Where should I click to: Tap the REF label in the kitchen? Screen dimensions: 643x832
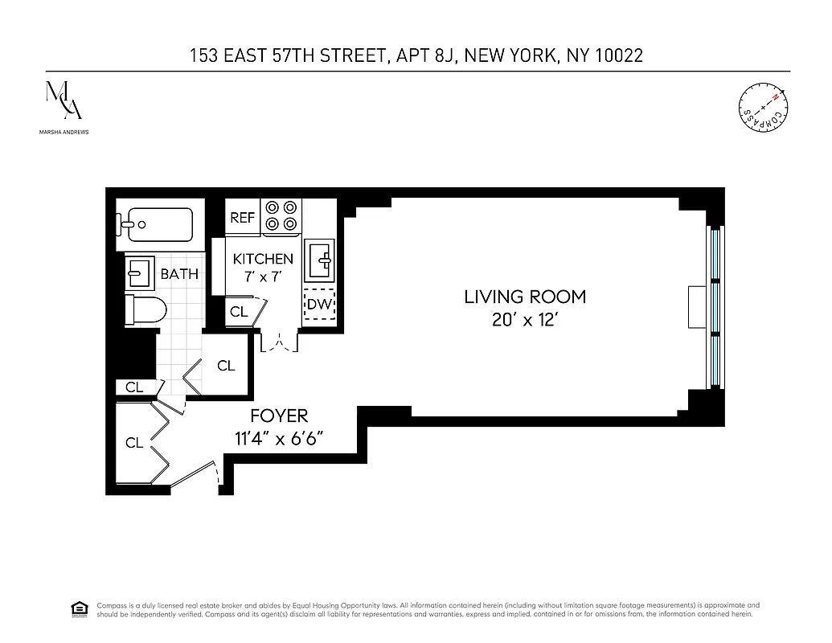[242, 218]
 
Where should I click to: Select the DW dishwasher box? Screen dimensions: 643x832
[320, 305]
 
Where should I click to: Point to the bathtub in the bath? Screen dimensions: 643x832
[157, 221]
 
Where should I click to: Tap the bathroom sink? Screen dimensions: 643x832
[140, 272]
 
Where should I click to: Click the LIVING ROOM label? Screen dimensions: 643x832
[525, 297]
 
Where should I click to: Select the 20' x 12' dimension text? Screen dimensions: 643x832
[525, 320]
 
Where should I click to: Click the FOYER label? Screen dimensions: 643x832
[279, 416]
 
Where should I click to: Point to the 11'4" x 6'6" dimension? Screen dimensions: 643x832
[279, 439]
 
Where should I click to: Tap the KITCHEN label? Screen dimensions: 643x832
[263, 259]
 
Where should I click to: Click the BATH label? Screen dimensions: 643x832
[179, 274]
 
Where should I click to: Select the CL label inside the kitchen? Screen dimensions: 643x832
[239, 312]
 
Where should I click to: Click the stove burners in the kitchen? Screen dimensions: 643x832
[281, 215]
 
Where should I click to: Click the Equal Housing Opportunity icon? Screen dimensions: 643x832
[80, 608]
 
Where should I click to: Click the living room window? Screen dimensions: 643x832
[711, 306]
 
